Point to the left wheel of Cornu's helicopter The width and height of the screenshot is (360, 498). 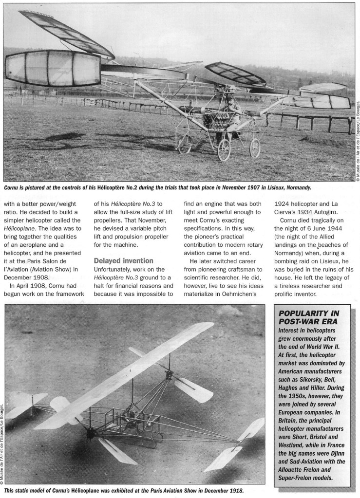tap(224, 149)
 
